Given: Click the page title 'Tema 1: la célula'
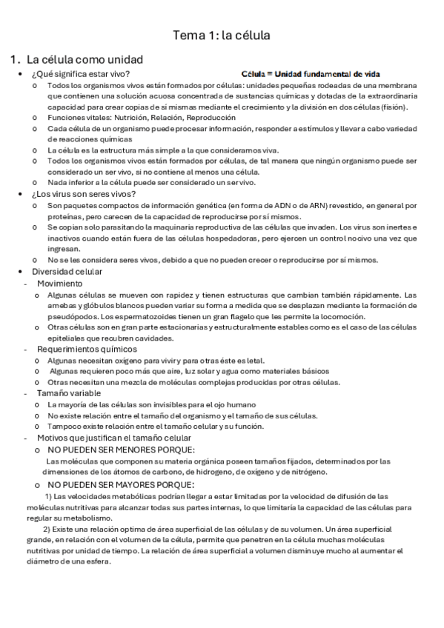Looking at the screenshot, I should click(x=221, y=35).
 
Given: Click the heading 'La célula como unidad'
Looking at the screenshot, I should click(x=85, y=59).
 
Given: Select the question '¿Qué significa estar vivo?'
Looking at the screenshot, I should click(x=81, y=74).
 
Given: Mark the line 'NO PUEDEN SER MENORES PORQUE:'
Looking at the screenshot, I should click(x=122, y=450).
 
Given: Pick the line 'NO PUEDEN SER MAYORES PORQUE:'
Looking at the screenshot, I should click(x=121, y=484).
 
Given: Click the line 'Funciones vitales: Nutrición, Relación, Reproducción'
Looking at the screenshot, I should click(x=142, y=117).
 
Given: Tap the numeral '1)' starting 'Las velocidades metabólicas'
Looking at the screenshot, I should click(x=49, y=495).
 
